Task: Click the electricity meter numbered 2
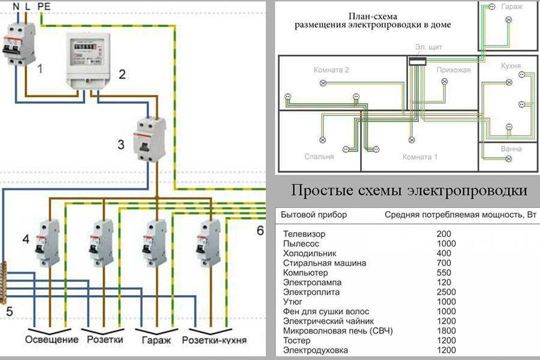[x=88, y=59]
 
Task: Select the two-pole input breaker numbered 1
[x=19, y=43]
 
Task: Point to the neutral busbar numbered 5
[x=4, y=283]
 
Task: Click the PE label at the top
[x=44, y=6]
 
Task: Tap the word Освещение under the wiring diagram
[x=52, y=340]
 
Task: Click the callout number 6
[x=260, y=230]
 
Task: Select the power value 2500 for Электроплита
[x=446, y=292]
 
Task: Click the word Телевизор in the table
[x=304, y=234]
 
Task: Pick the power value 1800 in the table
[x=446, y=331]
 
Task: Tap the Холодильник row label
[x=309, y=254]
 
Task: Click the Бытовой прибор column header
[x=313, y=215]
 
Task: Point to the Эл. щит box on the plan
[x=418, y=62]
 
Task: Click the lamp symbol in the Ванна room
[x=509, y=159]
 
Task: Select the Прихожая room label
[x=453, y=70]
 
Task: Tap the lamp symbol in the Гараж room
[x=508, y=20]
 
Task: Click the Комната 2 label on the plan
[x=331, y=70]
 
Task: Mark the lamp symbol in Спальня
[x=323, y=140]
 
